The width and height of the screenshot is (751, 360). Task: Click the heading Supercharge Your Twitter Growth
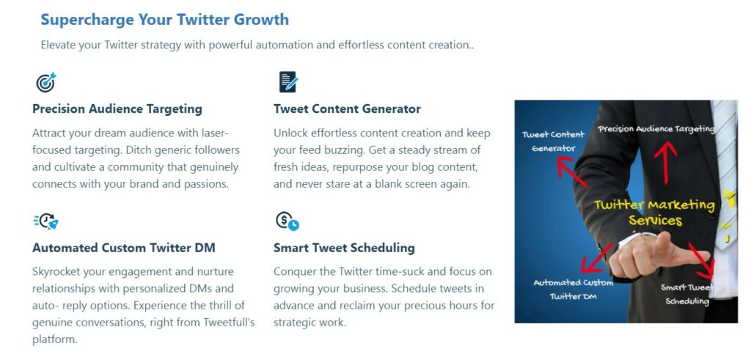(x=164, y=20)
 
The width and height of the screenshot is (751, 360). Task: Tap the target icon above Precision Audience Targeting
(x=46, y=82)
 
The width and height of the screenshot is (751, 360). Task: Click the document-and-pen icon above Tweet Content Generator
(x=287, y=82)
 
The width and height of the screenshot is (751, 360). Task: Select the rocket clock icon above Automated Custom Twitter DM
(x=46, y=221)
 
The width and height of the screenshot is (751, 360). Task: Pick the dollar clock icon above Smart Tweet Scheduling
(x=287, y=221)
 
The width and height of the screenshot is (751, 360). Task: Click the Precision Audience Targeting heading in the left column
(x=117, y=109)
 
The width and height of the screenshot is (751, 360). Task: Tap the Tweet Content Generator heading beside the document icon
(x=347, y=109)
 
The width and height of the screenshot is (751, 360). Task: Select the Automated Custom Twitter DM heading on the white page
(x=124, y=248)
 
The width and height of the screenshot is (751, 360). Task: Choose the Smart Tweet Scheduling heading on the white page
(x=344, y=248)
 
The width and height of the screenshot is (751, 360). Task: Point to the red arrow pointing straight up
(x=666, y=161)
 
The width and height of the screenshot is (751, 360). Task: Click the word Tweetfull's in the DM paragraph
(x=230, y=322)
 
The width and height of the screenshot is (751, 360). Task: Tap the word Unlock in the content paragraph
(x=291, y=133)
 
